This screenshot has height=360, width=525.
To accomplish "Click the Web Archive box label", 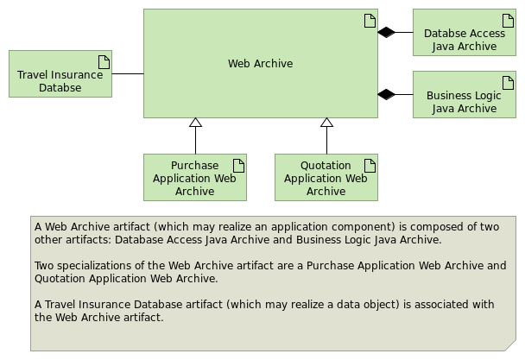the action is [261, 63].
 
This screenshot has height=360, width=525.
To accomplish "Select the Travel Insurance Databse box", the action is [60, 73].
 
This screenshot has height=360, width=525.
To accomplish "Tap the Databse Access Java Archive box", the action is [465, 32].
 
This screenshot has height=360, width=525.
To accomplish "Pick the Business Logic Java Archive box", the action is [465, 94].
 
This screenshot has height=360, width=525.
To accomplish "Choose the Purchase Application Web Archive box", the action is [195, 178].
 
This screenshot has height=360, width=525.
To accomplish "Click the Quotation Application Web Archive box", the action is [326, 178].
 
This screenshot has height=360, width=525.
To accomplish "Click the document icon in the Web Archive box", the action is [370, 21].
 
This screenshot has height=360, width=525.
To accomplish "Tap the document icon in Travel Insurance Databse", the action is [104, 62].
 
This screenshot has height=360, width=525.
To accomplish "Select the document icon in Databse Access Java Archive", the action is [508, 21].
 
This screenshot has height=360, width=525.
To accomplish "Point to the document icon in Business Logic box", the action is [508, 83].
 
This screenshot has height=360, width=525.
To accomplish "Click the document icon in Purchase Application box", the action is [238, 166].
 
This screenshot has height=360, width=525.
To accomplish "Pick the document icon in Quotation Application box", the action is [370, 166].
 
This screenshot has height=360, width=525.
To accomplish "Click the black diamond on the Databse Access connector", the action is [386, 33].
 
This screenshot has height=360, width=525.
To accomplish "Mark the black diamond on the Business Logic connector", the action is [386, 94].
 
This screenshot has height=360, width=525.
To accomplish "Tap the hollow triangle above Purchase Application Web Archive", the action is [195, 123].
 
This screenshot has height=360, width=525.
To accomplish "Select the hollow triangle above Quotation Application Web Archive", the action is [326, 123].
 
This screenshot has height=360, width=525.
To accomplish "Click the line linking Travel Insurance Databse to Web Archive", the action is [128, 73].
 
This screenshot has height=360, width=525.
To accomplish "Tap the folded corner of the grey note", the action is [511, 346].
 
